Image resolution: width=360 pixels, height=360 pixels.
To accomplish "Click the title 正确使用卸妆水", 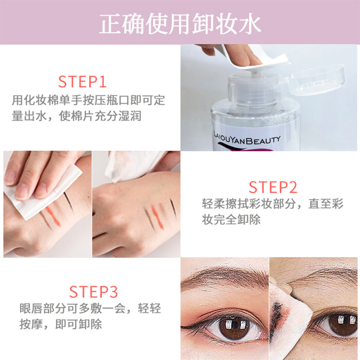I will point(180,23).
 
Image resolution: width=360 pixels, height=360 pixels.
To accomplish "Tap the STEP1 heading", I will point(82,82).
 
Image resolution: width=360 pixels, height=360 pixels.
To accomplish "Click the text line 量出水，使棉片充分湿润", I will point(76,117).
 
